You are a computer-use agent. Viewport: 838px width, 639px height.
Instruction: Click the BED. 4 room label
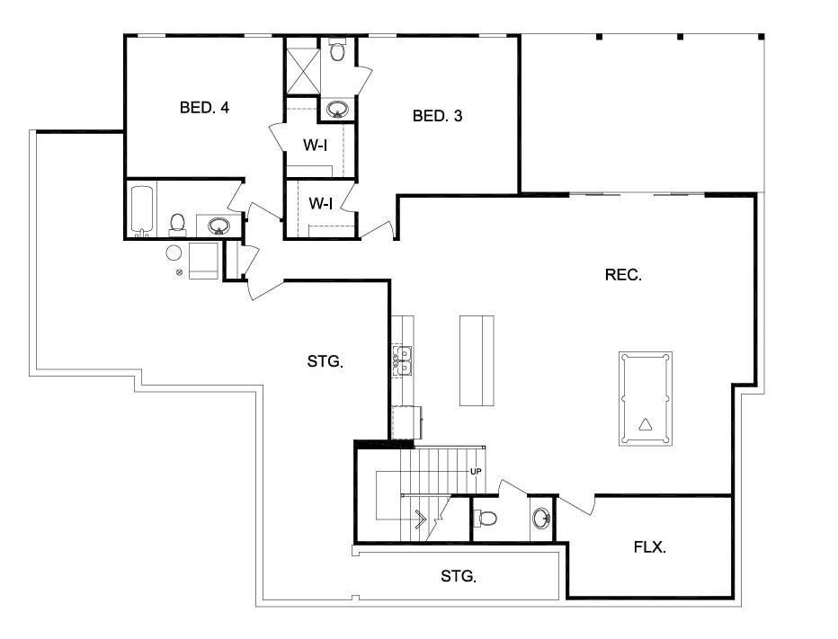click(204, 107)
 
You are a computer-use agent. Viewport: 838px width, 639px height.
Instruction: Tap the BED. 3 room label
click(437, 116)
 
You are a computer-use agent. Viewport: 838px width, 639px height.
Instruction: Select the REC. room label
click(623, 275)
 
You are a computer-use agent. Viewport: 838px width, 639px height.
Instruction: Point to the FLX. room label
click(650, 547)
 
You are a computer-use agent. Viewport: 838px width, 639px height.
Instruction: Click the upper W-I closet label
click(316, 145)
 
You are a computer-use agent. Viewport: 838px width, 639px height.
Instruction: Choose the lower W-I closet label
click(321, 203)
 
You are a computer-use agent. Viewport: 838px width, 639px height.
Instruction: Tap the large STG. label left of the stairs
click(325, 361)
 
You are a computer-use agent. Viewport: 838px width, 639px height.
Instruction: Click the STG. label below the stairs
click(459, 576)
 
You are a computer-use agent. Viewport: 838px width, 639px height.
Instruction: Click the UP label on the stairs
click(476, 472)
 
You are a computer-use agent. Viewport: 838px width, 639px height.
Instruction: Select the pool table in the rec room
click(646, 398)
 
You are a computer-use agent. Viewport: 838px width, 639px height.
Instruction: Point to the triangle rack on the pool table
click(646, 425)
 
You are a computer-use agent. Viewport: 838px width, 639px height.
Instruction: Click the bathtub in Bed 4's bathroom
click(142, 211)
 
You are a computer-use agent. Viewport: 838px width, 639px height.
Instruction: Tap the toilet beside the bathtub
click(177, 225)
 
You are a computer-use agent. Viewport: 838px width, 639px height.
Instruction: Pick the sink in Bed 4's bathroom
click(218, 226)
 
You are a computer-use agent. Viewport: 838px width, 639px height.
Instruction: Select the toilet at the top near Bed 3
click(336, 49)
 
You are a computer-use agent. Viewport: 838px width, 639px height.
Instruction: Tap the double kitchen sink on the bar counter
click(403, 361)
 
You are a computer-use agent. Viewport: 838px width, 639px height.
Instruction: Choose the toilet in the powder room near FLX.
click(486, 518)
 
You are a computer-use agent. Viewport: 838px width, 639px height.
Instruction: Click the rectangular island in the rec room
click(477, 360)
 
